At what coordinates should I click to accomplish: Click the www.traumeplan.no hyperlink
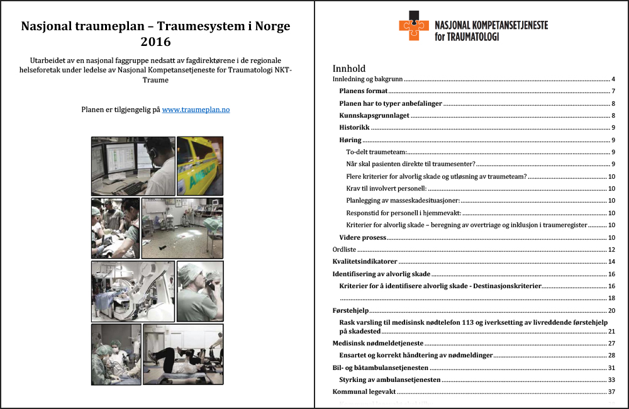pos(196,109)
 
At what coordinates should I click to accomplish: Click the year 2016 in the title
pos(156,42)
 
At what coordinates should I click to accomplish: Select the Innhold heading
pos(348,69)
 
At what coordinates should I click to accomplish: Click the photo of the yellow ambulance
pos(200,165)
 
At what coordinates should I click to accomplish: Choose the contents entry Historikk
pos(354,128)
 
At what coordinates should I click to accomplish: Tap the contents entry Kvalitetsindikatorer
pos(364,262)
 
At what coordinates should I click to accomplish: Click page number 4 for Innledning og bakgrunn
pos(612,79)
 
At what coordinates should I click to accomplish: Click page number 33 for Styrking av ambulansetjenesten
pos(610,380)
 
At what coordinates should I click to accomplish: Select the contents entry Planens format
pos(363,91)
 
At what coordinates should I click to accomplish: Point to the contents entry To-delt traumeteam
pos(376,152)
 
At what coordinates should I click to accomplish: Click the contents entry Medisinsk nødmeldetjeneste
pos(377,344)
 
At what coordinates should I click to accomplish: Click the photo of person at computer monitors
pos(133,165)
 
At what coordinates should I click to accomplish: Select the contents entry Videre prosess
pos(362,238)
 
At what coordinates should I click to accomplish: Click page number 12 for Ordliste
pos(610,250)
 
